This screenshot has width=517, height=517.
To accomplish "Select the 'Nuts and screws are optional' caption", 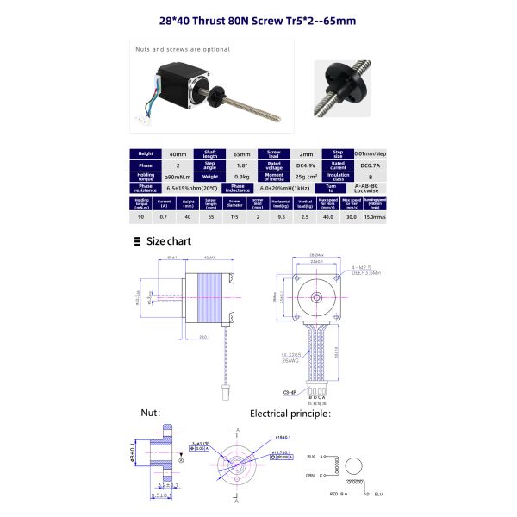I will (171, 49).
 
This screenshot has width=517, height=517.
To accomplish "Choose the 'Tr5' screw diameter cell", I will (234, 218).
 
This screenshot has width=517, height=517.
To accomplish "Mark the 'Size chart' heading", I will (168, 241).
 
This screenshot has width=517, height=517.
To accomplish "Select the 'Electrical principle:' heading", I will (290, 414).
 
